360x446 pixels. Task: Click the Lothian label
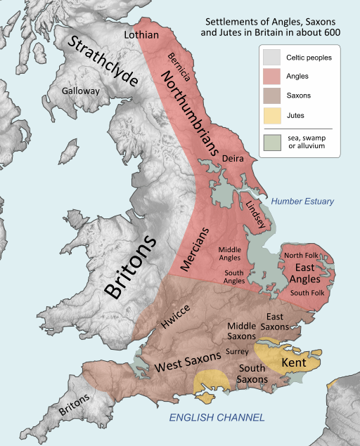(x=141, y=34)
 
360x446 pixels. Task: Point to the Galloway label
(x=81, y=91)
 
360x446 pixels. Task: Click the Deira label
(x=233, y=159)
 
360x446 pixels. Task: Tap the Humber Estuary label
(x=302, y=202)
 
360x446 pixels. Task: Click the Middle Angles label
(x=229, y=253)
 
